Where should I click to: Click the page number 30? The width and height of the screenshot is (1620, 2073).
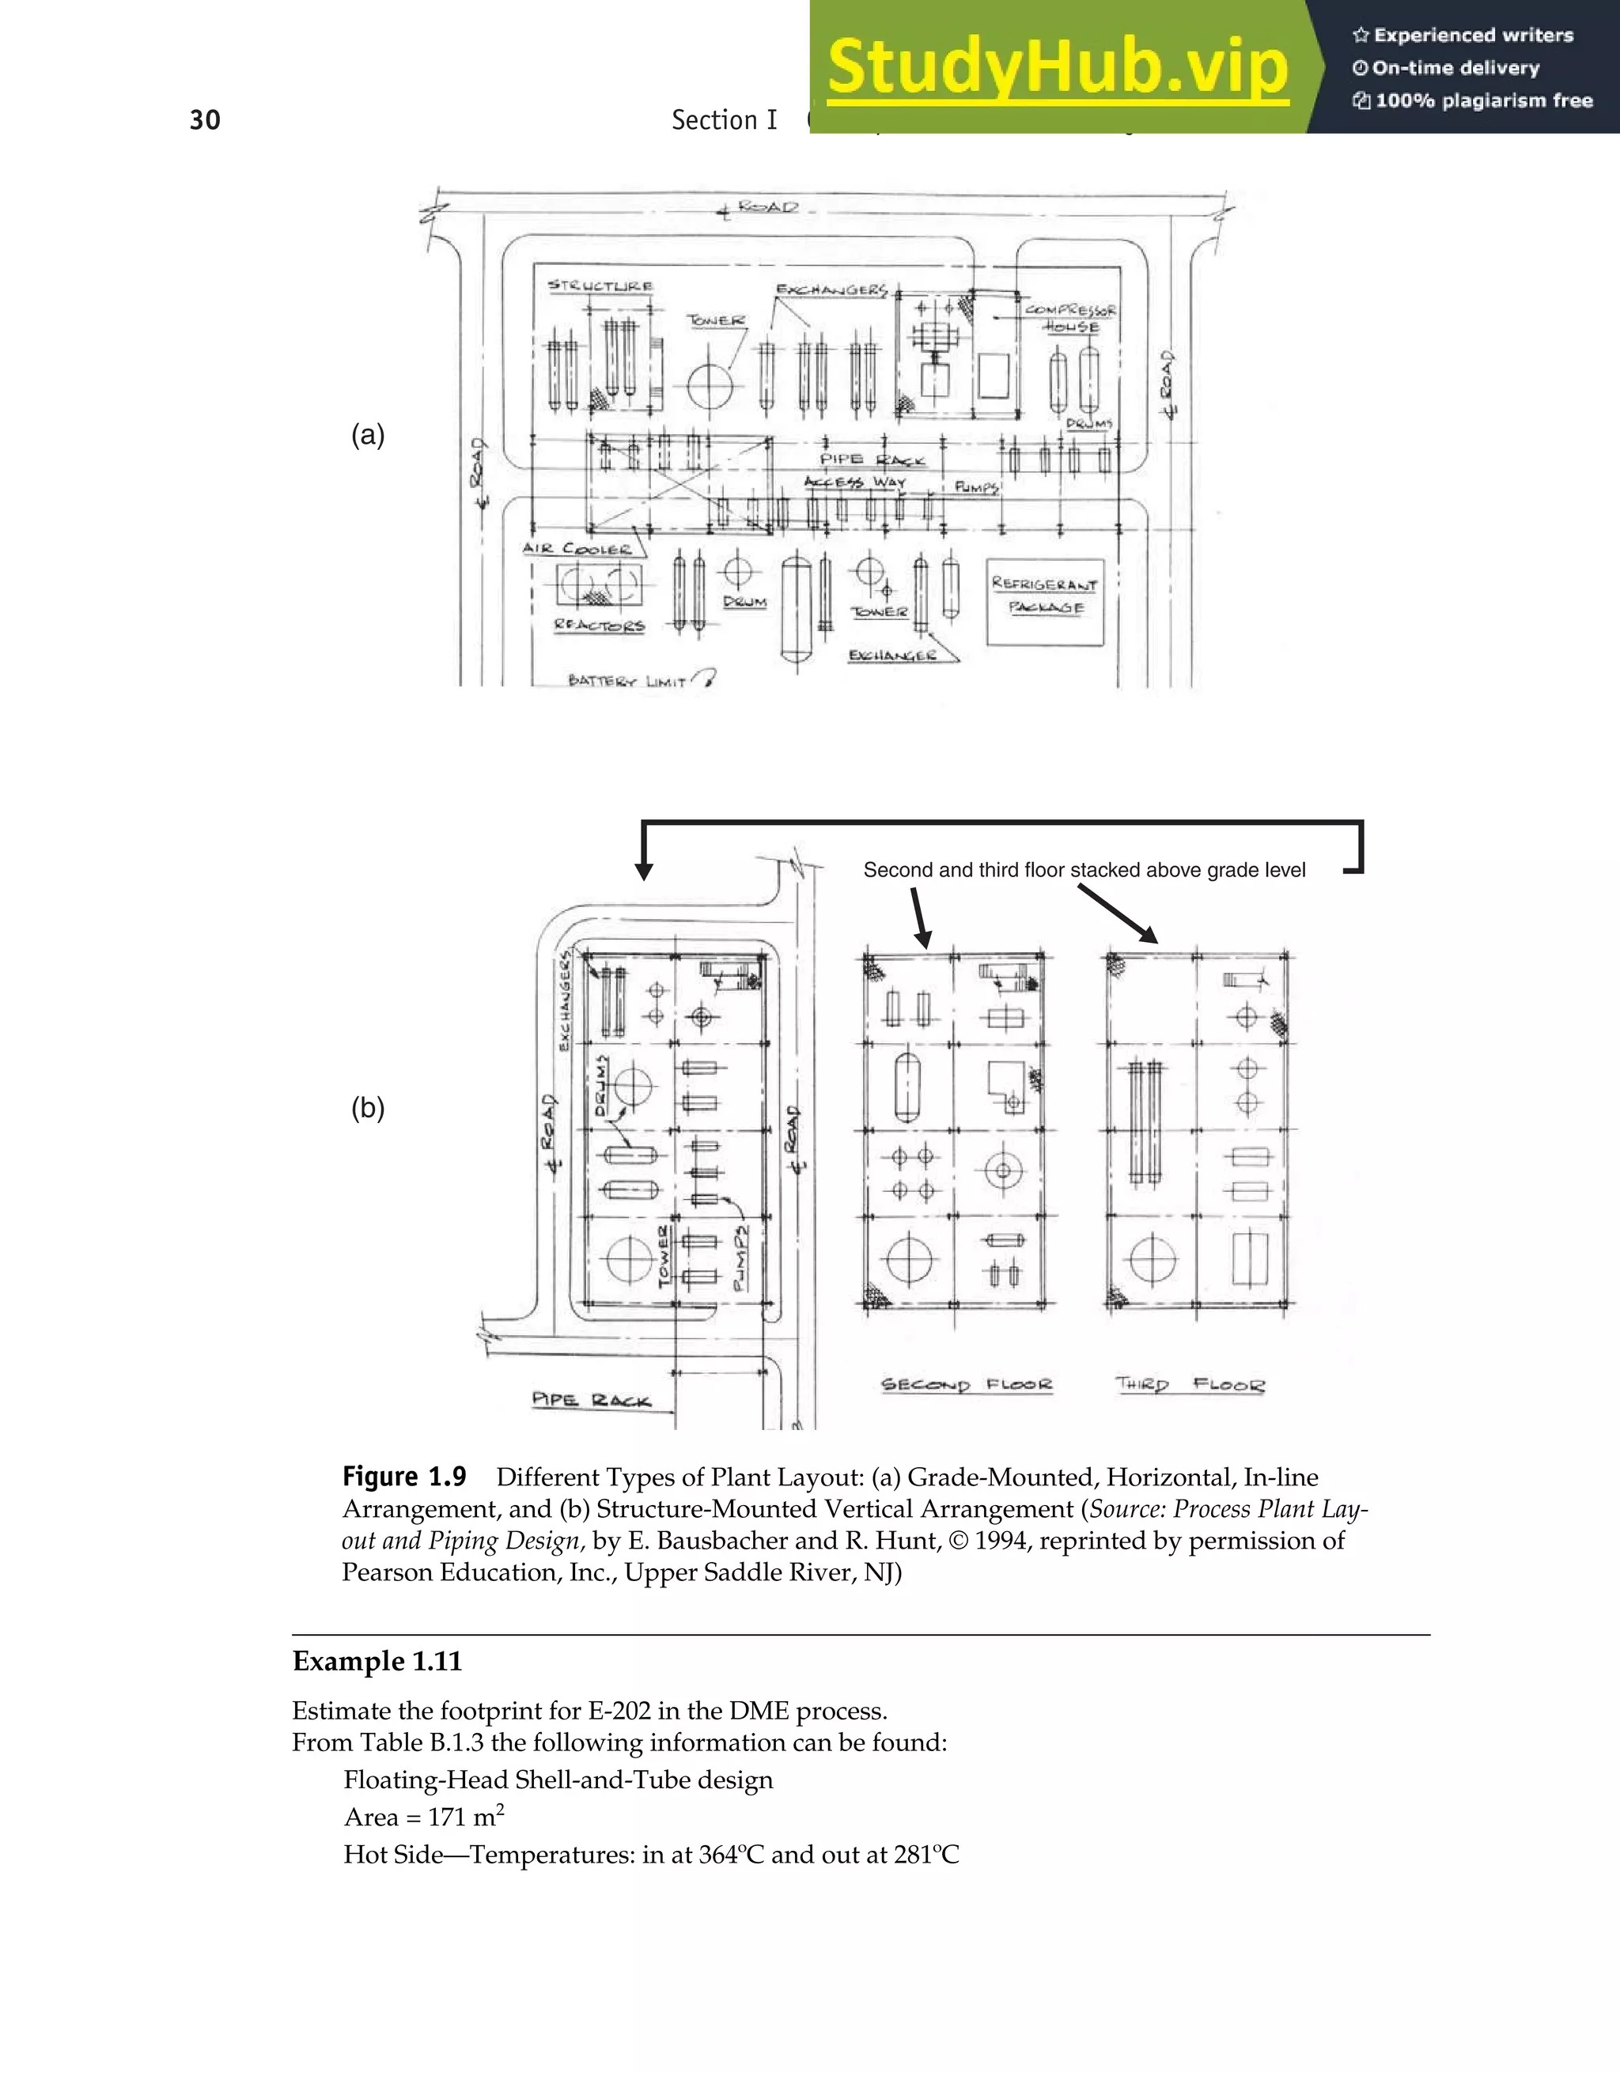205,120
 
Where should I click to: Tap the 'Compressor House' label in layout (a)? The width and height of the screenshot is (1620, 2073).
1070,318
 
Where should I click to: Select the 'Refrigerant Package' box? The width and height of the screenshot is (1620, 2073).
1045,602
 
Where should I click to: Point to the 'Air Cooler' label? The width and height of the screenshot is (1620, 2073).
577,549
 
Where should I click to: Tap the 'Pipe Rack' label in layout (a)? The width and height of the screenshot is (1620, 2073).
871,460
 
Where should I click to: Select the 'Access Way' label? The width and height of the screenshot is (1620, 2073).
855,482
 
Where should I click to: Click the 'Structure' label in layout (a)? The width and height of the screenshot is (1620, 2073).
600,286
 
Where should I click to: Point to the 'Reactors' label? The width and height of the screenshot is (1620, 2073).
599,626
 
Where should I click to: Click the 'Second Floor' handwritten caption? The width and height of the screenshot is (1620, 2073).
966,1385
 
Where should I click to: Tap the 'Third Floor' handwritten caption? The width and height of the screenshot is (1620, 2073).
1190,1385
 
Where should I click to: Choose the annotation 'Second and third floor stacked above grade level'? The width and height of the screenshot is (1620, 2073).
1084,870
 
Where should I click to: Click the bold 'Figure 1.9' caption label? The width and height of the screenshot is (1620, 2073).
404,1477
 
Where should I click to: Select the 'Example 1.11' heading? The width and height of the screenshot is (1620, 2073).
377,1661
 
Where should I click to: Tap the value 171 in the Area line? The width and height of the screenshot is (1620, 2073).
446,1817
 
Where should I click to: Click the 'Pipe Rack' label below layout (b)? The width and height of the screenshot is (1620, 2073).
591,1400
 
